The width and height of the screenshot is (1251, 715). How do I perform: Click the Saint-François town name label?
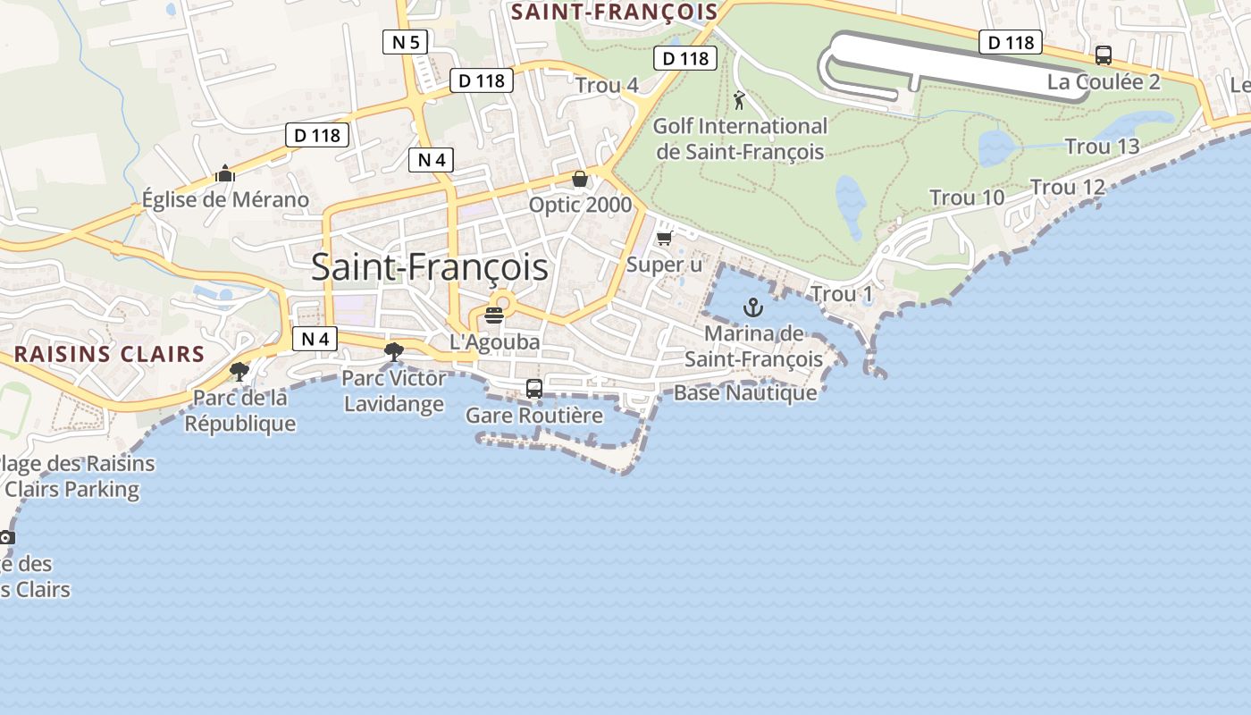point(430,267)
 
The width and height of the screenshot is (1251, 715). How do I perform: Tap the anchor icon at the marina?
point(754,308)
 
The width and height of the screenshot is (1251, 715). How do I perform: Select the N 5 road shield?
point(406,41)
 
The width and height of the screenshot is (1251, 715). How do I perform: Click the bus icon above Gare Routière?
point(534,389)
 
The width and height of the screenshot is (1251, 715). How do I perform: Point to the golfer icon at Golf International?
point(739,100)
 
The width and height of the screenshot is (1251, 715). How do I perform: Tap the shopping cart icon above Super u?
point(664,238)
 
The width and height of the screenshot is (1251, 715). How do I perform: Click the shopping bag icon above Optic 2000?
point(580,180)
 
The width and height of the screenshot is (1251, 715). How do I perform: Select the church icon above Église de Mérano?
point(225,173)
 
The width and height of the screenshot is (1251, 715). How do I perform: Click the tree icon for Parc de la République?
point(239,371)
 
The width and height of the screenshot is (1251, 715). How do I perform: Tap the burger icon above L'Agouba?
point(494,315)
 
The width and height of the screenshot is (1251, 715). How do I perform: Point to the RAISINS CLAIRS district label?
point(110,354)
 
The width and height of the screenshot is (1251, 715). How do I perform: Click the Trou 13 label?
point(1102,147)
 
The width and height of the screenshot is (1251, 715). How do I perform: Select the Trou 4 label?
point(607,85)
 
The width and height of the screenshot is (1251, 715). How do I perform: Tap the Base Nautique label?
point(745,392)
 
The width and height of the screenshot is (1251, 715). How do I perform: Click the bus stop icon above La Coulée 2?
point(1104,55)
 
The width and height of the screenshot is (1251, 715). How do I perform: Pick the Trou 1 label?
point(841,294)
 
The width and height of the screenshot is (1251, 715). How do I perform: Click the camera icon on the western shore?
point(7,537)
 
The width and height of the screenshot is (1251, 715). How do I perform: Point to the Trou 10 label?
point(967,198)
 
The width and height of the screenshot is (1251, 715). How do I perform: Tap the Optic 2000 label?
point(580,206)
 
